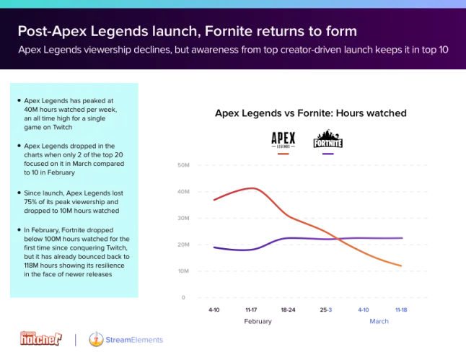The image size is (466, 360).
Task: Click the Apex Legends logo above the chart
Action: click(x=283, y=140)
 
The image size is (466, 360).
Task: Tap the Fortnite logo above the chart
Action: click(x=328, y=139)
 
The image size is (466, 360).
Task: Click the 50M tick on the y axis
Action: click(x=183, y=165)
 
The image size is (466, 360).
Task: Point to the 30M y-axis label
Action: click(x=183, y=218)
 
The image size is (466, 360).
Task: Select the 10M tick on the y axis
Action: click(x=183, y=271)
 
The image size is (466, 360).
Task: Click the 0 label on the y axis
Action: click(x=183, y=297)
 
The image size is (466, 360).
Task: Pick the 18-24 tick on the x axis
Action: click(x=288, y=309)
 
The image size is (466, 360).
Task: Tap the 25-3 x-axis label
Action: click(x=326, y=309)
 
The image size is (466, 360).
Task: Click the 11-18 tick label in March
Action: click(x=401, y=309)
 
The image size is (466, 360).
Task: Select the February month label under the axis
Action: click(x=258, y=321)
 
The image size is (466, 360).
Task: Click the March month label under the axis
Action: click(x=379, y=321)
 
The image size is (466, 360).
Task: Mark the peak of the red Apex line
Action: click(x=252, y=188)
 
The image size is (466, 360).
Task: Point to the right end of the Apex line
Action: click(x=401, y=265)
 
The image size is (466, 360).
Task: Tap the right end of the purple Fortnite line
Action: click(x=403, y=238)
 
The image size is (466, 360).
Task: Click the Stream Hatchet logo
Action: click(x=41, y=338)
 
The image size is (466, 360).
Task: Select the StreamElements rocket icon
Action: click(x=96, y=339)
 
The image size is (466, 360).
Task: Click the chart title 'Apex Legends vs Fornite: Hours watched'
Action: click(x=311, y=113)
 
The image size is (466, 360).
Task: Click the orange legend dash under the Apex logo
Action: click(x=283, y=154)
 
